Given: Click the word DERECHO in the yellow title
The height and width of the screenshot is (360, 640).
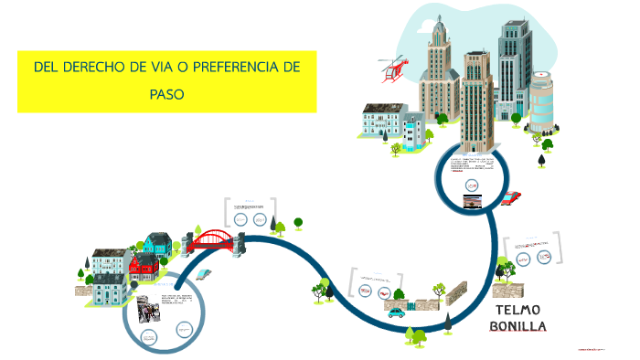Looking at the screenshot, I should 97,69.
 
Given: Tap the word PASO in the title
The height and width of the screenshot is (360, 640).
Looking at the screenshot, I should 167,93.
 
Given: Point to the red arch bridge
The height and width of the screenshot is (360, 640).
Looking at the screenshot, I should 212,239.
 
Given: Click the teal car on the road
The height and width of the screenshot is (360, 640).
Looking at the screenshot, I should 397,312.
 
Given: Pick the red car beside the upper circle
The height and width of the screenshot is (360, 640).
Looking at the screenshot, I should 511,197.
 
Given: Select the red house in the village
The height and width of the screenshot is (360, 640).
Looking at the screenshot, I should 144,266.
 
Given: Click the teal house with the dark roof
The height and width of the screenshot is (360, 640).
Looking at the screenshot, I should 156,244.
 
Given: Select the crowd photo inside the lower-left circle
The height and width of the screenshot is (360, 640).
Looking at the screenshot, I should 147,308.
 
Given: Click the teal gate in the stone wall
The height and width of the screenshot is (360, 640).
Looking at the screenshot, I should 423,303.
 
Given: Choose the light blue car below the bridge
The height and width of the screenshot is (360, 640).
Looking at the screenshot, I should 206,273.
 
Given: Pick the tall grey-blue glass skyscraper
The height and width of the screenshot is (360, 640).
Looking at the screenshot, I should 515,69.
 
